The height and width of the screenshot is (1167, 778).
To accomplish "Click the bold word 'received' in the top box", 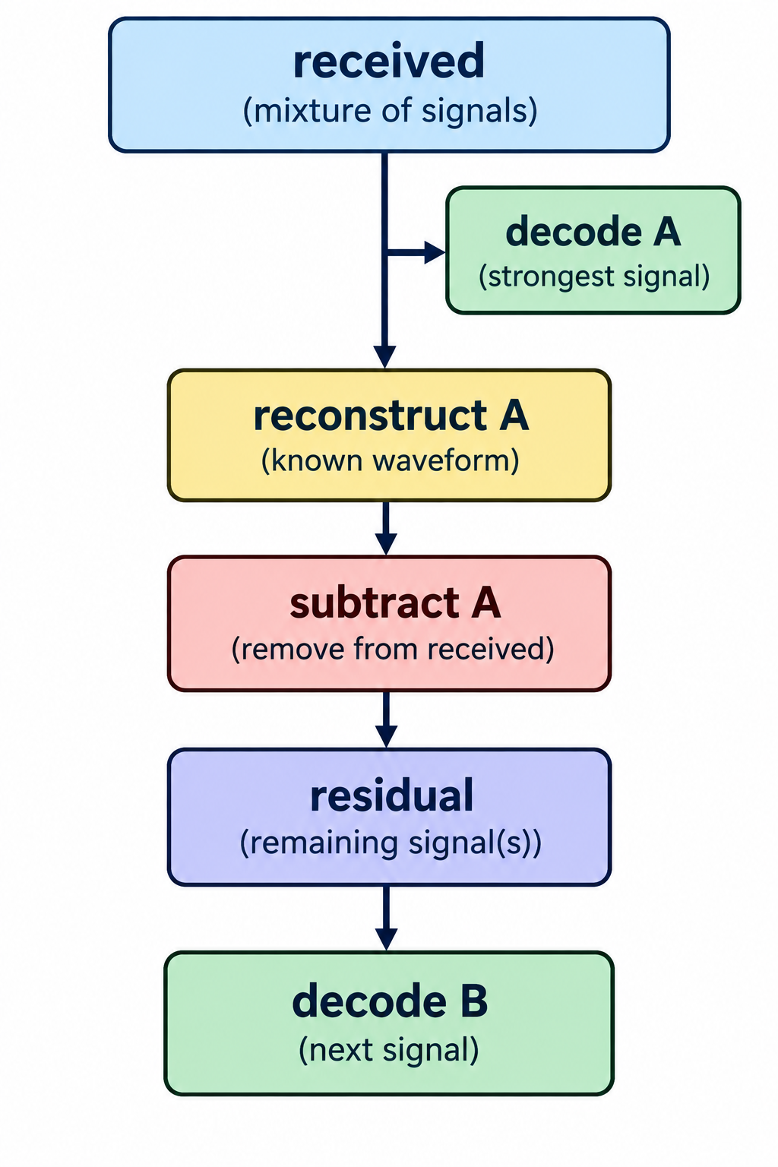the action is pyautogui.click(x=389, y=62).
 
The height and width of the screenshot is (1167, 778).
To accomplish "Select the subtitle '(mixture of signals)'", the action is pyautogui.click(x=390, y=111).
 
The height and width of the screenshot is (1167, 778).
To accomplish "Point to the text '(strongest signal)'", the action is pyautogui.click(x=594, y=276).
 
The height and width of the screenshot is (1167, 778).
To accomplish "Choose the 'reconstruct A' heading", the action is pyautogui.click(x=391, y=416).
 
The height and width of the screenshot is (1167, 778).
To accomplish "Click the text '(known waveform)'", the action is pyautogui.click(x=390, y=460).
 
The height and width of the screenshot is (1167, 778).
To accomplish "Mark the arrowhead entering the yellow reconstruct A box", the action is pyautogui.click(x=385, y=357).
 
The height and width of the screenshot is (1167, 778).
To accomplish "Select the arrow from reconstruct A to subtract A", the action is pyautogui.click(x=386, y=528).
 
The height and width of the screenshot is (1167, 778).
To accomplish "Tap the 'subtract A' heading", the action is pyautogui.click(x=395, y=602).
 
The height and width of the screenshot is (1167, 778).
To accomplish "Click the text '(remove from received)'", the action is pyautogui.click(x=392, y=649).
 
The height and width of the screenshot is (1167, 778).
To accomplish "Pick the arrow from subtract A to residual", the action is pyautogui.click(x=386, y=719).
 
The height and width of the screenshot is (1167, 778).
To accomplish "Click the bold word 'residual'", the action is pyautogui.click(x=392, y=795).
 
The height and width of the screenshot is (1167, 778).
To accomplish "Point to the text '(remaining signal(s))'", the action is pyautogui.click(x=391, y=843).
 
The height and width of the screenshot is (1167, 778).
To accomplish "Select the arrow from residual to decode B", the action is pyautogui.click(x=386, y=919).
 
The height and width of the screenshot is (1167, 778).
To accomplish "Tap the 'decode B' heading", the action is pyautogui.click(x=390, y=1001).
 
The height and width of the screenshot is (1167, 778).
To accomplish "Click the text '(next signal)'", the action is pyautogui.click(x=389, y=1049).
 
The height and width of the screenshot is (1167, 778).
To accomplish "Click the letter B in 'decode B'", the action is pyautogui.click(x=474, y=1001).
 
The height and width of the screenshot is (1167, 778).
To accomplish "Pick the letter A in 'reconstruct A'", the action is pyautogui.click(x=514, y=416).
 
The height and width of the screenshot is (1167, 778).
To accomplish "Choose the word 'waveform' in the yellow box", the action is pyautogui.click(x=443, y=460).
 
